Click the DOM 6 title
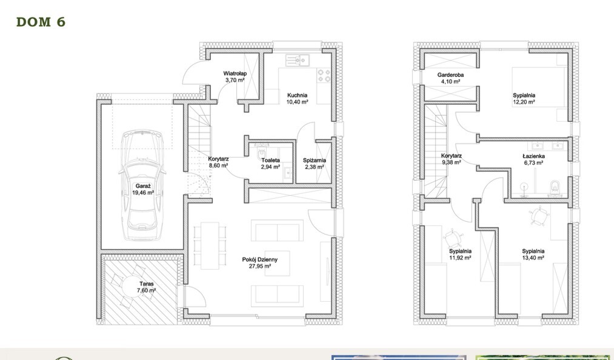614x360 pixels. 41,22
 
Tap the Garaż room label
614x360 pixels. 142,187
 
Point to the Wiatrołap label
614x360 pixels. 234,73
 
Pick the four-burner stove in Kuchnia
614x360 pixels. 324,75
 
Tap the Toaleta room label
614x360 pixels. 271,160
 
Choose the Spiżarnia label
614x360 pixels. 315,160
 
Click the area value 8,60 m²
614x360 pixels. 218,165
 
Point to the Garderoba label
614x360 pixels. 450,75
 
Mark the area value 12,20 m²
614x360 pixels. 524,102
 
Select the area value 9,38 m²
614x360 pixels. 452,162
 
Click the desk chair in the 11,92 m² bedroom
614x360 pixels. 452,236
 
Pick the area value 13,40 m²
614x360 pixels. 533,257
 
